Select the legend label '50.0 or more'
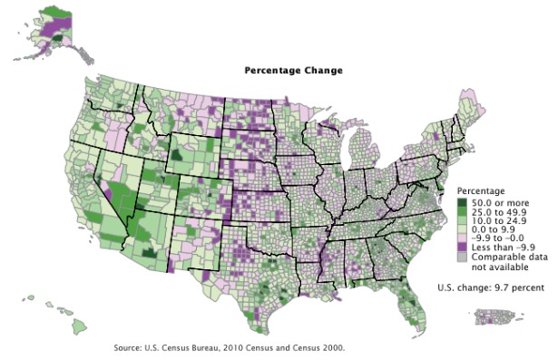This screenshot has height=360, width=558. (x=498, y=202)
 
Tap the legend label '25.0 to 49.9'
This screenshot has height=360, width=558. (x=498, y=212)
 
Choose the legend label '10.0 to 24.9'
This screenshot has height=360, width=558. (x=498, y=221)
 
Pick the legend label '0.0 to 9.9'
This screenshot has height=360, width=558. (x=494, y=230)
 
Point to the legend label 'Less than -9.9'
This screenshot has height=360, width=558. (x=501, y=248)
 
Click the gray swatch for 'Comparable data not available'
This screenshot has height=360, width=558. (x=462, y=258)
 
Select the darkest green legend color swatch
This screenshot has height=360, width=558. (x=462, y=202)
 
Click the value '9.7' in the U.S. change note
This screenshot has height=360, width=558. (x=502, y=288)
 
